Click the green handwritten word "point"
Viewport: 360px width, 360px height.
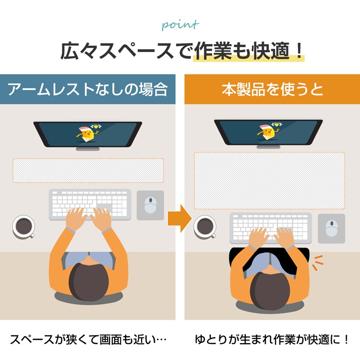click(180, 25)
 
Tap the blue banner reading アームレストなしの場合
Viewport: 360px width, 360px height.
click(88, 89)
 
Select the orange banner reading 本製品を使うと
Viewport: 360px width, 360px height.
click(272, 89)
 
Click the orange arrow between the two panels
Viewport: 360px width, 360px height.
click(180, 218)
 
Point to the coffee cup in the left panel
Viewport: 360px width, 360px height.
click(24, 227)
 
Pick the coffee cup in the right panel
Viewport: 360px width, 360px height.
click(205, 227)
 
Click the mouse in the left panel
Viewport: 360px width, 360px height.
click(150, 205)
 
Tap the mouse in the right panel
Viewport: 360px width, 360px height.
click(332, 228)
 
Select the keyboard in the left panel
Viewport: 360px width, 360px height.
click(90, 204)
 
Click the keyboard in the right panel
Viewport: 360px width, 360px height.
click(271, 228)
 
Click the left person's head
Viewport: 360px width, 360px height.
click(89, 282)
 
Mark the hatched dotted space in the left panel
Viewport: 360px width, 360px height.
click(88, 170)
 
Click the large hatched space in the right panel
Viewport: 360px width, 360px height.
click(270, 180)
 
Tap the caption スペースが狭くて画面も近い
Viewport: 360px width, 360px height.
click(88, 339)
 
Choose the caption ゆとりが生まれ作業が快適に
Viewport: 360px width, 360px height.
click(272, 339)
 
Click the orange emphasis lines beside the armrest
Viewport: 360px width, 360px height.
click(318, 263)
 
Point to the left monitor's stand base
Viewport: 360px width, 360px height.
click(88, 149)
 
